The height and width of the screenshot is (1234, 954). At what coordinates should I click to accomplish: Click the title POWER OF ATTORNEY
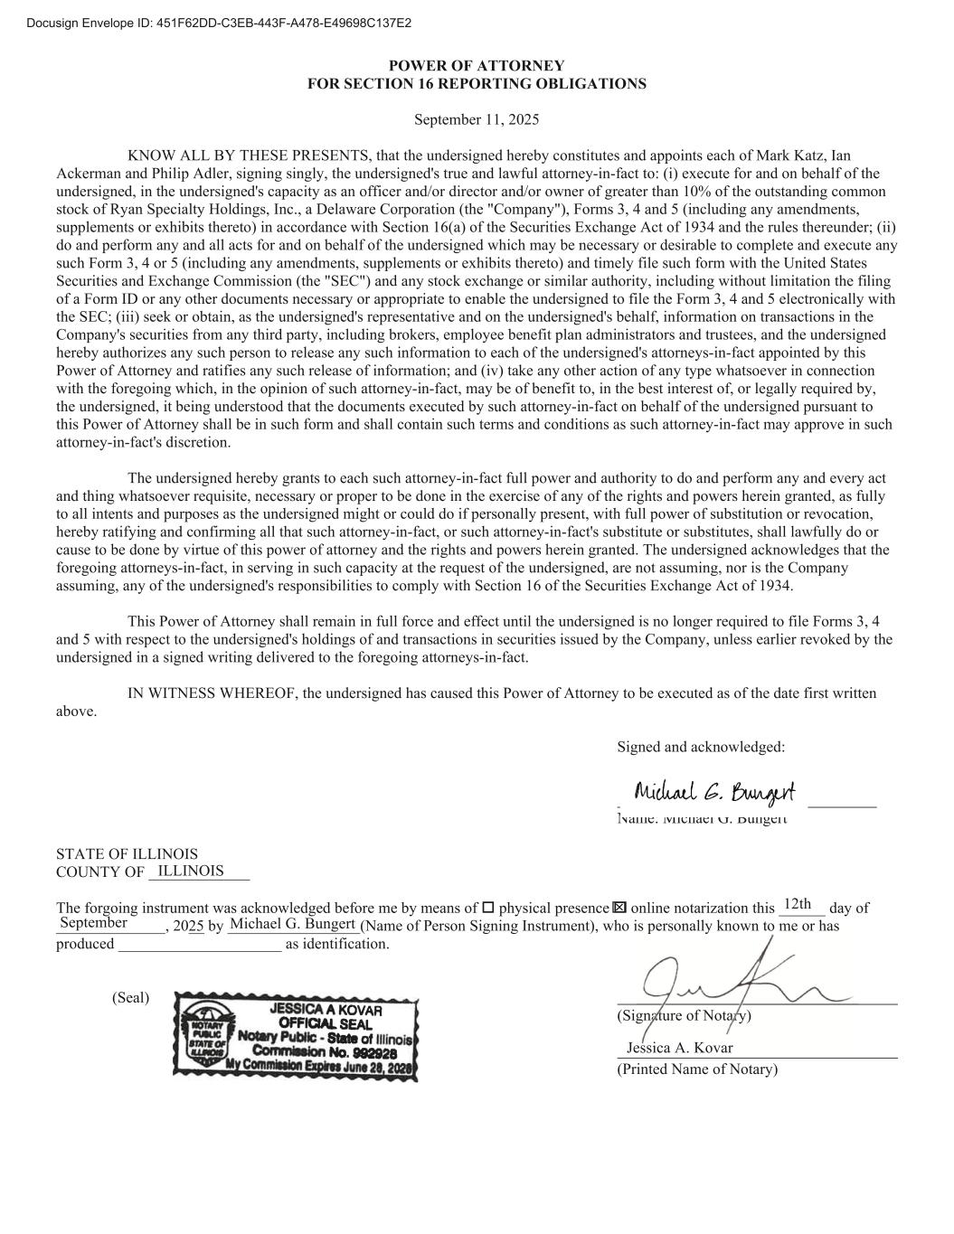[x=477, y=66]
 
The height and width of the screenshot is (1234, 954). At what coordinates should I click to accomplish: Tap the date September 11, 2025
[x=477, y=119]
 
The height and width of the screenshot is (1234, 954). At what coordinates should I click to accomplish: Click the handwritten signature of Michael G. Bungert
[x=714, y=793]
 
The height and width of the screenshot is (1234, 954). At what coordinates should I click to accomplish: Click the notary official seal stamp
[x=296, y=1037]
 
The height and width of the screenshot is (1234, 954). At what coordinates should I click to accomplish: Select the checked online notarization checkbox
[x=619, y=908]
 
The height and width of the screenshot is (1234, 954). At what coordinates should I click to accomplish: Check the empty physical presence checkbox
[x=488, y=908]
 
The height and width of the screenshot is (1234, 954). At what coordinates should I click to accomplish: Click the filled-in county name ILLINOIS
[x=191, y=871]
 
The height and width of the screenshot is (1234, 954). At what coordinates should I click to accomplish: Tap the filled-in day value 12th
[x=798, y=904]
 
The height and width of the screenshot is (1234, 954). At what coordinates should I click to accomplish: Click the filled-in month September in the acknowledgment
[x=94, y=923]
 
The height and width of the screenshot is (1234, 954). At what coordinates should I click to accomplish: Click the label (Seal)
[x=131, y=998]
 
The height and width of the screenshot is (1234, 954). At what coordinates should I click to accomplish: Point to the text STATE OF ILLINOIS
[x=127, y=854]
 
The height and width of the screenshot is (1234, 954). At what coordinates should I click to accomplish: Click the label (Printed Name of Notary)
[x=696, y=1069]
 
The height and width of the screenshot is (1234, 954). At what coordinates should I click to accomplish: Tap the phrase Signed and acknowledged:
[x=701, y=747]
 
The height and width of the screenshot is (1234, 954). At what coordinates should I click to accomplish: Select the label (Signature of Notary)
[x=684, y=1016]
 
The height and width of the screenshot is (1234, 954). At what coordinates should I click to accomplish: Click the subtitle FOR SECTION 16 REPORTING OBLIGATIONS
[x=477, y=84]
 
